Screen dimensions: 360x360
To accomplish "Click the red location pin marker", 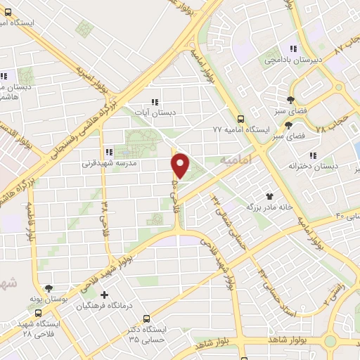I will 181,165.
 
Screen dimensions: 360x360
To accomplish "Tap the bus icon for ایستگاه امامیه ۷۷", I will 241,119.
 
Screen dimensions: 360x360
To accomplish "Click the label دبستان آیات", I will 155,112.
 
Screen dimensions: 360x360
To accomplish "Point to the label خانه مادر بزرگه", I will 268,207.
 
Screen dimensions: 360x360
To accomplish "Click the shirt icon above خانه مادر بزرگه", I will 268,196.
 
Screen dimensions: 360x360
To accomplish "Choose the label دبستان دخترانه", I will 313,166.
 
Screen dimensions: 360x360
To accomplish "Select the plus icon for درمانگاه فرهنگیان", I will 105,295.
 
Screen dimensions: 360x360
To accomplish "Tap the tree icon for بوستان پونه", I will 49,288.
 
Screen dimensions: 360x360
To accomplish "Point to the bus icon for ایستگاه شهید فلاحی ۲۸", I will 37,314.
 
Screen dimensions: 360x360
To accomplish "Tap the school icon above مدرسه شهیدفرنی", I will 109,151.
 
